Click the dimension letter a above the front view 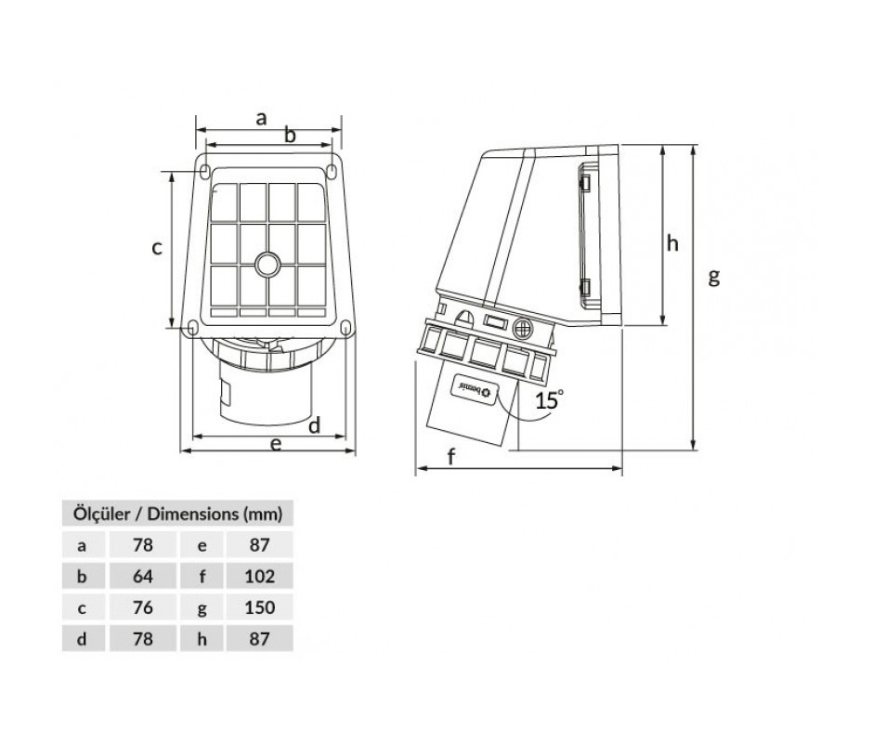click(x=261, y=119)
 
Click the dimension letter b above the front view click(x=290, y=135)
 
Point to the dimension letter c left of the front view click(x=157, y=247)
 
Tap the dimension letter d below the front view click(x=315, y=425)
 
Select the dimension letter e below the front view click(x=276, y=444)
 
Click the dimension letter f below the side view click(x=451, y=457)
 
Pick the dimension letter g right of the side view click(x=714, y=276)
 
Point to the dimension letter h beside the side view click(x=672, y=243)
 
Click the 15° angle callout click(x=549, y=399)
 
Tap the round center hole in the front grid click(x=267, y=264)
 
